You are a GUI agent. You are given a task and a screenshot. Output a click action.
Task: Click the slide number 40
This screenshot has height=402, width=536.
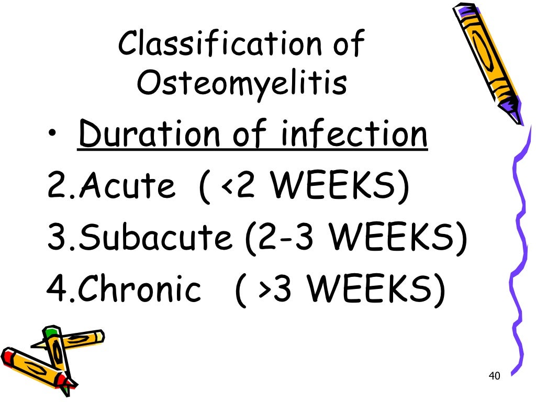[x=494, y=376]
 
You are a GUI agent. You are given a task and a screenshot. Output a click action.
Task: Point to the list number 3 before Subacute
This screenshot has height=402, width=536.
[x=55, y=238]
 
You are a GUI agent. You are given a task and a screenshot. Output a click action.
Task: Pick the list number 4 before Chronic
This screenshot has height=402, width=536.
[x=55, y=288]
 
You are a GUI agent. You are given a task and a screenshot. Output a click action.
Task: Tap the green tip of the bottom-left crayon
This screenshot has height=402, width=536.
[x=50, y=332]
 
